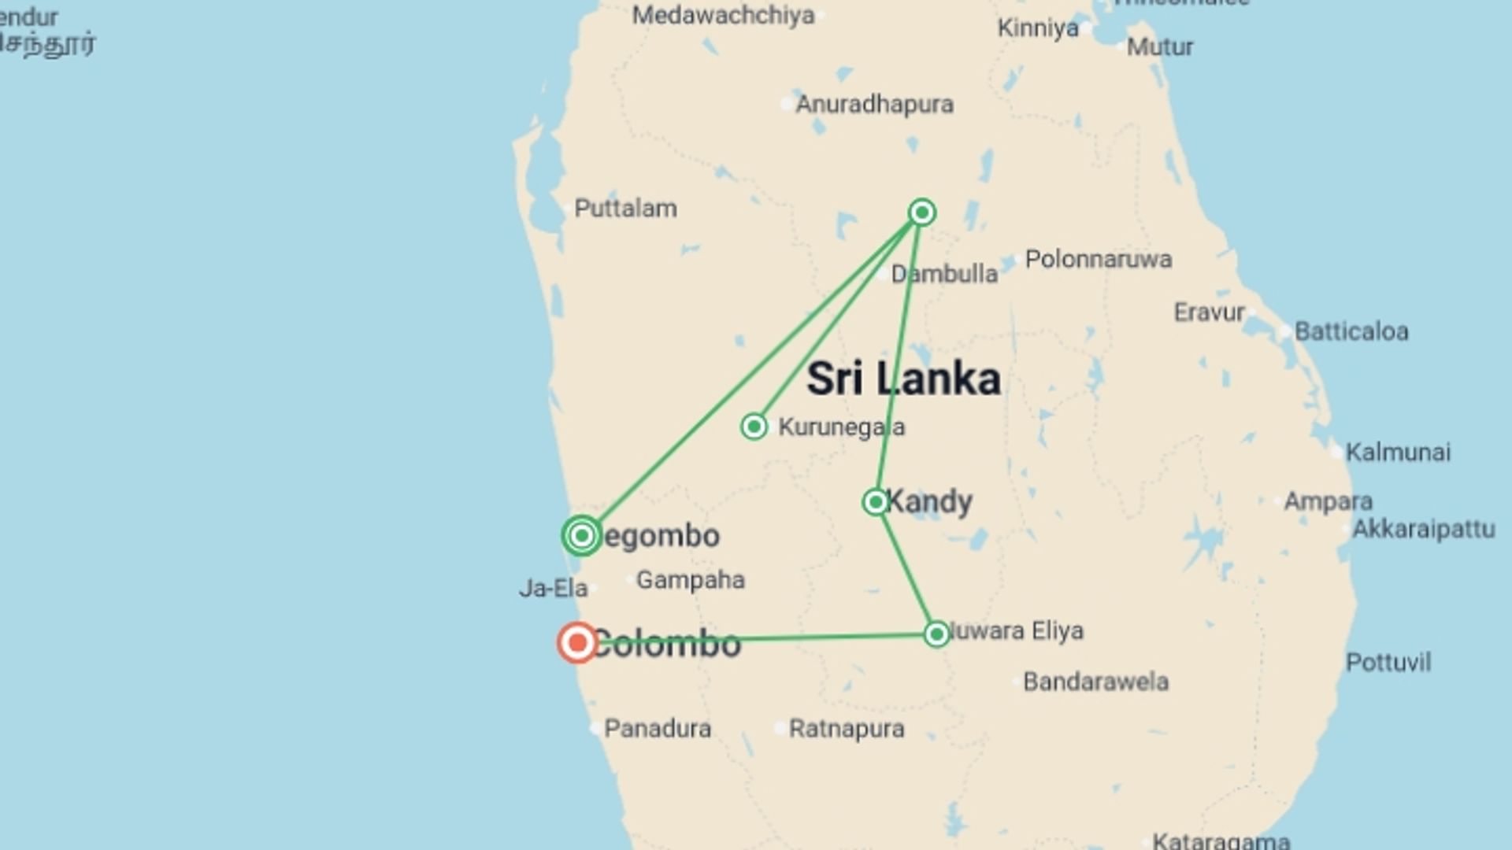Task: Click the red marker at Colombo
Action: (577, 642)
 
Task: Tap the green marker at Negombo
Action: (582, 536)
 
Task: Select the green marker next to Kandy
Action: (875, 502)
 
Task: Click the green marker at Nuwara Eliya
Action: (936, 634)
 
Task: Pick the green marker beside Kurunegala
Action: (754, 427)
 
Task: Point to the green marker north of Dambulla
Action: (921, 213)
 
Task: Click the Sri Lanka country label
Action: (903, 379)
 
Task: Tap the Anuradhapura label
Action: (874, 104)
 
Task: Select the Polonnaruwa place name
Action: (1098, 259)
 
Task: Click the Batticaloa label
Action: (1351, 331)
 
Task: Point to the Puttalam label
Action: (625, 209)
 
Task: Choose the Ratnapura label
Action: (847, 729)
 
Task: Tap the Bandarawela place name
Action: (1095, 682)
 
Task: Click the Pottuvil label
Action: (1388, 663)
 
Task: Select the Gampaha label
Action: (690, 580)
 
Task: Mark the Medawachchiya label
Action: (723, 15)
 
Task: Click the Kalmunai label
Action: (1398, 453)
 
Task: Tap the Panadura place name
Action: (657, 729)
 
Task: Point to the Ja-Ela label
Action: (553, 588)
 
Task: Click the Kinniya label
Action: (1038, 28)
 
